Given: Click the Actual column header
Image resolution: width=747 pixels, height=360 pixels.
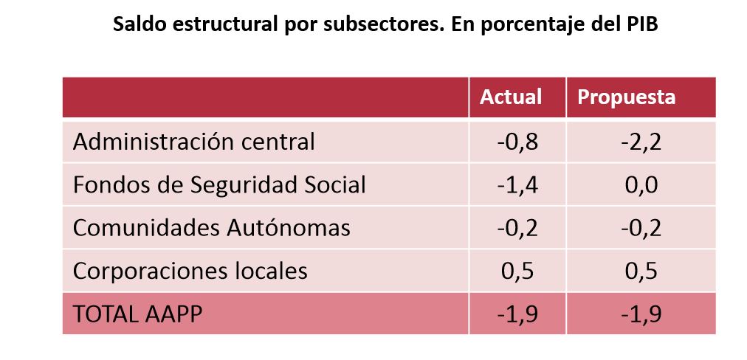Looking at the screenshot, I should pos(511,97).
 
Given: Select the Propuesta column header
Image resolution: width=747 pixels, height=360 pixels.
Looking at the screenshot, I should pos(626,97).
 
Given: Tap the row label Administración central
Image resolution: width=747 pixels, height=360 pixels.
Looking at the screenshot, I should pos(193,141).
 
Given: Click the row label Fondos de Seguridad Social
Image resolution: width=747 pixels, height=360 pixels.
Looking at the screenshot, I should pos(219,184).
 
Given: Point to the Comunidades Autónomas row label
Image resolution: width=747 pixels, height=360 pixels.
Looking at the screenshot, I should pos(211,227).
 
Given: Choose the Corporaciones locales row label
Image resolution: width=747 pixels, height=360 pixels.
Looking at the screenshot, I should pos(190,271).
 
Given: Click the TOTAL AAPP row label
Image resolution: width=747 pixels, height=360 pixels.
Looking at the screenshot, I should pos(137,314).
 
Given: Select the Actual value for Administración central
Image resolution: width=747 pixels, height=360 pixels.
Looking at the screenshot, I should pos(517,141).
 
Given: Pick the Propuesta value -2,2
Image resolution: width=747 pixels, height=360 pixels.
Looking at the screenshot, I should pos(640,141).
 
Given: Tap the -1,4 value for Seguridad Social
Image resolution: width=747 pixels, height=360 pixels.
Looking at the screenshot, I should pos(517,184).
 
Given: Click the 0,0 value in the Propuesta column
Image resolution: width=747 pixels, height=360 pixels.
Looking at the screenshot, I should pos(640,184).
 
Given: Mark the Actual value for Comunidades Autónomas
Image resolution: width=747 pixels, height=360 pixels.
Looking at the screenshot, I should pos(517,227).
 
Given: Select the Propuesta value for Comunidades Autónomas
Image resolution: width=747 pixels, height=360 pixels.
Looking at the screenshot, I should pos(640,227).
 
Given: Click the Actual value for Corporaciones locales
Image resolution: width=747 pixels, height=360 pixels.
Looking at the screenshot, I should pos(517,271).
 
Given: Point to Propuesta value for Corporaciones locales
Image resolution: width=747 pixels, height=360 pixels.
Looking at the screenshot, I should pos(640,271).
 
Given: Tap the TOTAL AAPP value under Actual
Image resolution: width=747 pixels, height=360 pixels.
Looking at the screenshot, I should pos(517,314).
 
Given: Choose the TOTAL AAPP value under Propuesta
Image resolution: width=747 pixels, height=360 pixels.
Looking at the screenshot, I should pos(640,314).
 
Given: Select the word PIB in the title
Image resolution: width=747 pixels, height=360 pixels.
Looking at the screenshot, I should pos(641,24).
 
